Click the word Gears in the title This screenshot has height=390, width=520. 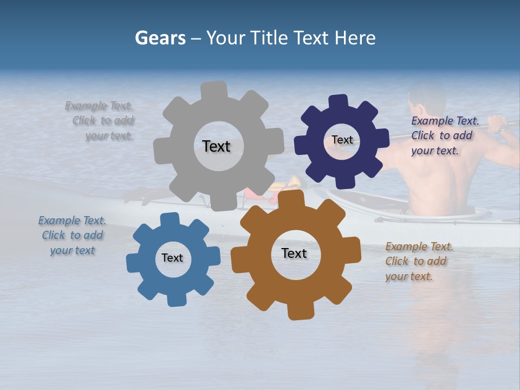(160, 38)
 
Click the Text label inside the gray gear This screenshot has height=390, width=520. (216, 146)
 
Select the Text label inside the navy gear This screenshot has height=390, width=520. (342, 140)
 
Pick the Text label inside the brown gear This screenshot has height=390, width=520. (294, 253)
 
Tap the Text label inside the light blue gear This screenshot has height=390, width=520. (172, 258)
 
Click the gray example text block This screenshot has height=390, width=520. (101, 121)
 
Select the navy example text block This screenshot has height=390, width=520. (444, 136)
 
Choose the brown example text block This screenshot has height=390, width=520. (419, 262)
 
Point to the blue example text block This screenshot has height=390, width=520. (73, 236)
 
